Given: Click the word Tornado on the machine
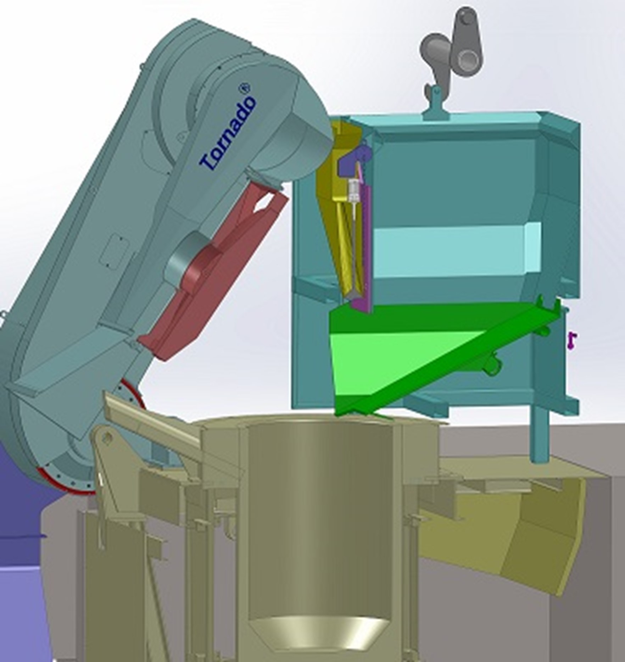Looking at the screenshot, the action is pyautogui.click(x=228, y=133).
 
